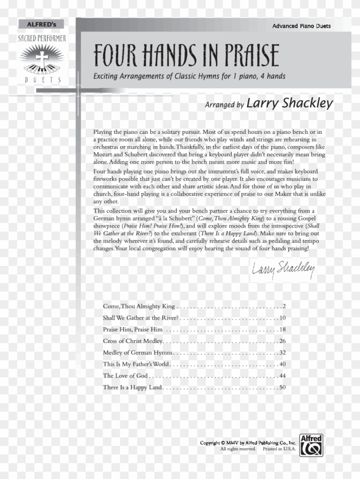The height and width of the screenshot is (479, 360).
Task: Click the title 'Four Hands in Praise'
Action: tap(186, 56)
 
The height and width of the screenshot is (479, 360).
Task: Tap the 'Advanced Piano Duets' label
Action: tap(301, 26)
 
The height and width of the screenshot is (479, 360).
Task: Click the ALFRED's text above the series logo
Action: tap(42, 24)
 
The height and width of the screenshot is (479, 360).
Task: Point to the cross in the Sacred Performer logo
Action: tap(42, 59)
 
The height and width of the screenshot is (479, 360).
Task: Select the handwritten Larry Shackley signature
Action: tap(283, 270)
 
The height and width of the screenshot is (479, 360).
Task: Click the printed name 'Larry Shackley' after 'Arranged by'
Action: tap(290, 104)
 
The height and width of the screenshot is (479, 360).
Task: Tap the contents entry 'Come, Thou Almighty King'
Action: tap(139, 307)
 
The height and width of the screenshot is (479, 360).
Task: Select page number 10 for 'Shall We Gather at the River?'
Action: tap(282, 318)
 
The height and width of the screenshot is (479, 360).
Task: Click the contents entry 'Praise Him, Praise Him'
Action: tap(133, 330)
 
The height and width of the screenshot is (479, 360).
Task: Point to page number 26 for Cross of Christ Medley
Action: tap(282, 341)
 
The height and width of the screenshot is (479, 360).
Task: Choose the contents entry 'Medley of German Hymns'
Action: tap(138, 353)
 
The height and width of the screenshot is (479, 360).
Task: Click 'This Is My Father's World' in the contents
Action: tap(136, 365)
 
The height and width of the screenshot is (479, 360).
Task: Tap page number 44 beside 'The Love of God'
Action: tap(282, 376)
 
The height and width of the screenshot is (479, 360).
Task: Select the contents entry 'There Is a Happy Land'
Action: tap(132, 388)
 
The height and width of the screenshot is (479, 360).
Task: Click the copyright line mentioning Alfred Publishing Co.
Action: tap(248, 443)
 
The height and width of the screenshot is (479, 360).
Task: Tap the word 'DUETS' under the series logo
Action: tap(42, 79)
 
